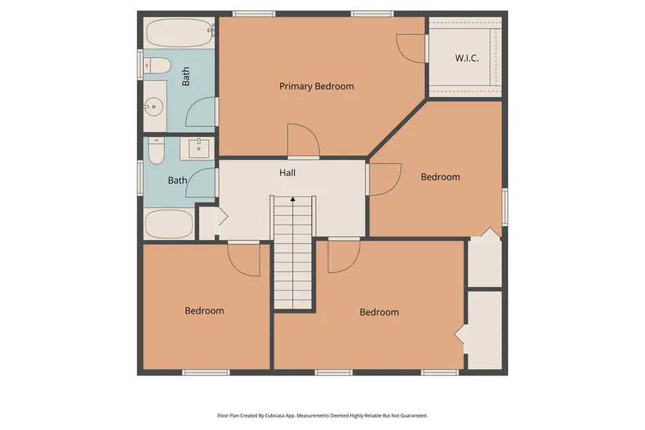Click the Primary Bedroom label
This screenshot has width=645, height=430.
317,87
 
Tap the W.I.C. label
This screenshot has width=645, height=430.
467,58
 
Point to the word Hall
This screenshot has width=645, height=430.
287,173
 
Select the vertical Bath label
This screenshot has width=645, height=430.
186,77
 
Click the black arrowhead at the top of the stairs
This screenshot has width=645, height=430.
293,199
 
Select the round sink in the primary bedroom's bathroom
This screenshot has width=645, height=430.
153,106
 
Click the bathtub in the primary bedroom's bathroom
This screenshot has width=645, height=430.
180,33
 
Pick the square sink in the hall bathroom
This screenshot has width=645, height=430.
199,148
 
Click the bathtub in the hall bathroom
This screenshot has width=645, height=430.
169,224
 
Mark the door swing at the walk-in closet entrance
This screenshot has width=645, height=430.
410,48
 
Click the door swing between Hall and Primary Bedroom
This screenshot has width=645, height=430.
303,141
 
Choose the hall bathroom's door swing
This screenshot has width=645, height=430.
201,183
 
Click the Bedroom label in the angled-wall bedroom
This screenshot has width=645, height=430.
440,177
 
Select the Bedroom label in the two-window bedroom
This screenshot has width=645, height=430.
379,312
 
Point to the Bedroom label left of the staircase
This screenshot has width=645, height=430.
204,310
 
